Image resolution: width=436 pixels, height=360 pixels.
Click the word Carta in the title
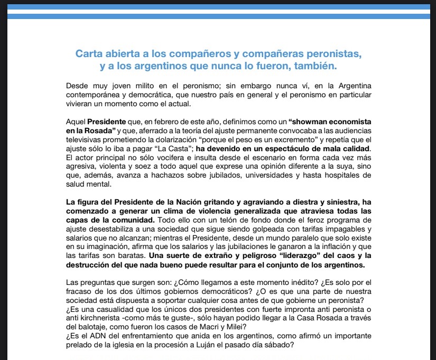point(89,54)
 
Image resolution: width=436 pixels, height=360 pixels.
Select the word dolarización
point(211,139)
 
